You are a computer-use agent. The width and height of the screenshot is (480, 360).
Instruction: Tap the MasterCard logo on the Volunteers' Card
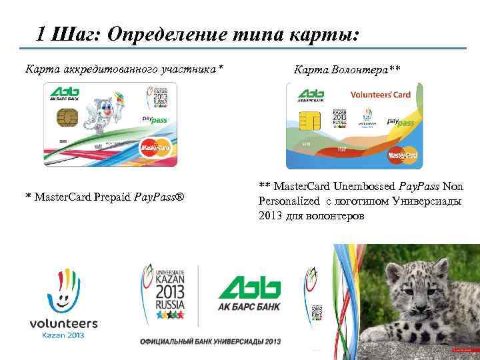click(x=403, y=155)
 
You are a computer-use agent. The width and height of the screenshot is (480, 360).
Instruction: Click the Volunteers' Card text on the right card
click(x=381, y=95)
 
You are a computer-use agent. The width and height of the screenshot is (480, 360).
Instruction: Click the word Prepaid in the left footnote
click(x=109, y=198)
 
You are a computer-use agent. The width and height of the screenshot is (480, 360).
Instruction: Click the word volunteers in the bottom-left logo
click(x=63, y=324)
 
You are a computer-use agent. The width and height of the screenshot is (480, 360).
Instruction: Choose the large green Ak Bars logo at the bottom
click(x=249, y=289)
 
